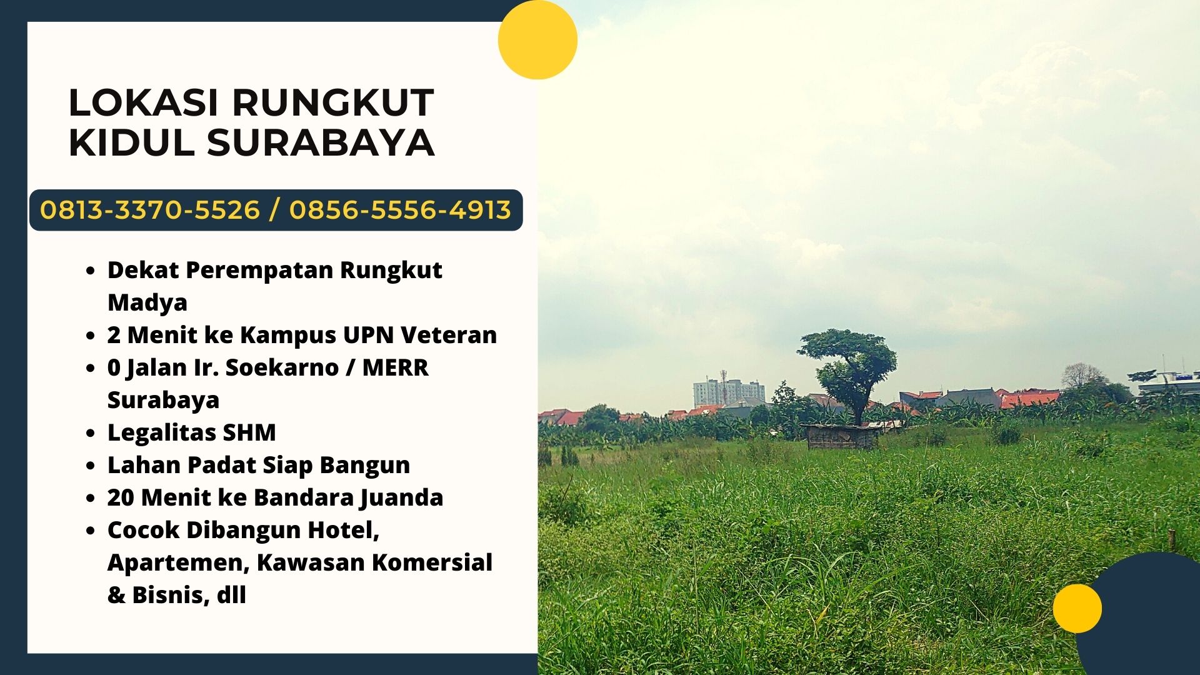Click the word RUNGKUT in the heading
pos(333,102)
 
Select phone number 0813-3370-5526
pos(150,210)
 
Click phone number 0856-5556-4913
pos(400,210)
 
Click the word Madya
pos(147,303)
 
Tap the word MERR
pos(396,367)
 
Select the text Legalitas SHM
pos(192,432)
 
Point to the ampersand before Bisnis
pos(116,595)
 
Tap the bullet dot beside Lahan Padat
pos(91,466)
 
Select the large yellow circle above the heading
pos(537,39)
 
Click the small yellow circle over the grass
pos(1077,608)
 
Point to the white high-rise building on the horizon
pos(728,392)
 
